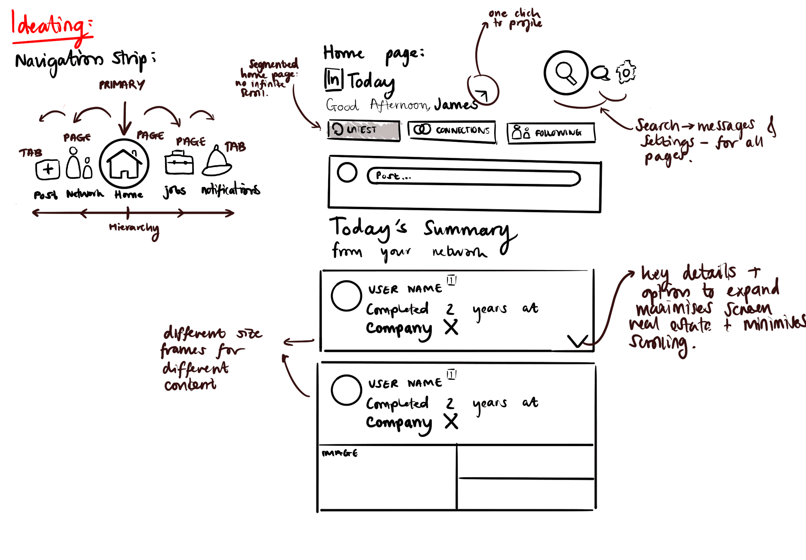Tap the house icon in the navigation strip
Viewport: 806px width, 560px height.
pyautogui.click(x=124, y=164)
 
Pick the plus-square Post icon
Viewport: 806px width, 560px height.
pyautogui.click(x=48, y=169)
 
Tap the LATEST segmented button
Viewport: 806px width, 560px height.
pyautogui.click(x=363, y=130)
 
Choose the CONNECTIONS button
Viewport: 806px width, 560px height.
pyautogui.click(x=452, y=131)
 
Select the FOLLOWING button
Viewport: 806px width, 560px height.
pyautogui.click(x=551, y=132)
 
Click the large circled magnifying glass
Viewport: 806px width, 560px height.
pyautogui.click(x=566, y=73)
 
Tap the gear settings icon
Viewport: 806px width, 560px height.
pyautogui.click(x=626, y=73)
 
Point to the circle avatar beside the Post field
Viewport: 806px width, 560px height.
pyautogui.click(x=347, y=173)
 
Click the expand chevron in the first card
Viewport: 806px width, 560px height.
pyautogui.click(x=577, y=341)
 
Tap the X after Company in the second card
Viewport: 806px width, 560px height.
pyautogui.click(x=451, y=421)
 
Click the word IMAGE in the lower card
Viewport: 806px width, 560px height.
pyautogui.click(x=340, y=453)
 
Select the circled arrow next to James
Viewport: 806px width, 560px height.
pyautogui.click(x=483, y=90)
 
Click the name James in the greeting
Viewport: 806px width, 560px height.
pyautogui.click(x=456, y=104)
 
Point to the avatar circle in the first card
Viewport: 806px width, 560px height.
pyautogui.click(x=346, y=296)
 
